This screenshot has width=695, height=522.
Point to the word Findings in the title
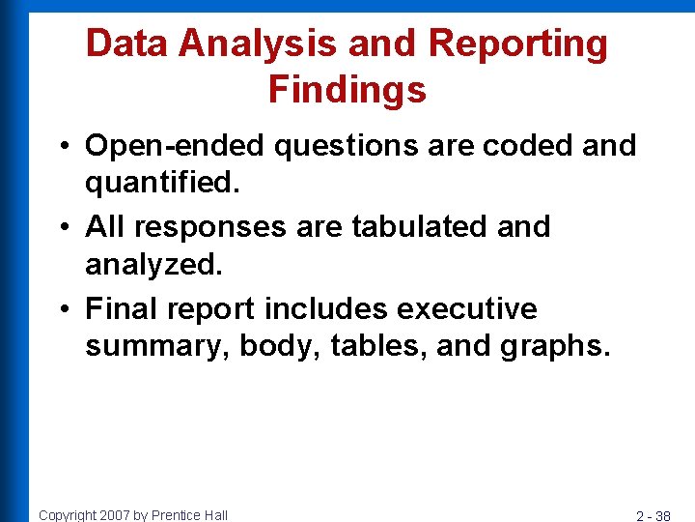click(x=347, y=90)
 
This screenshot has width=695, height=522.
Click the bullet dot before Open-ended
click(x=62, y=147)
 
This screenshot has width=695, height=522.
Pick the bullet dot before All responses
click(x=62, y=228)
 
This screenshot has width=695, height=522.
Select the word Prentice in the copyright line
click(x=175, y=515)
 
